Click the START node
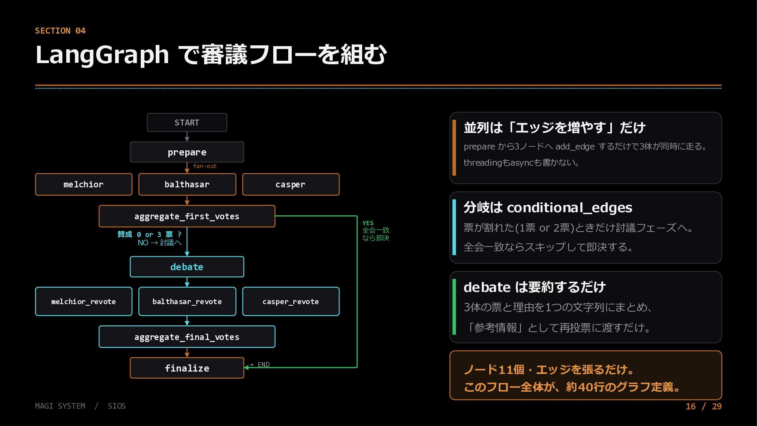point(187,122)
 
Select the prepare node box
point(187,152)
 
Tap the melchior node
point(84,184)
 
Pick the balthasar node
point(187,184)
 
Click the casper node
point(291,184)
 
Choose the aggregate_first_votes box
point(187,216)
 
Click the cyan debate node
point(187,267)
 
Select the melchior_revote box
point(84,301)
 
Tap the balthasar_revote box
point(187,301)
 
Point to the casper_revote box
point(291,301)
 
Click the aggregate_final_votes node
point(187,337)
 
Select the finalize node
point(187,368)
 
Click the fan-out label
point(205,166)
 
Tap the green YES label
point(368,223)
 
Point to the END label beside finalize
point(263,364)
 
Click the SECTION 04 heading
point(60,31)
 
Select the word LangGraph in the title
point(102,54)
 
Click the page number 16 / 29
point(703,406)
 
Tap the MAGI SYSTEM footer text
point(60,406)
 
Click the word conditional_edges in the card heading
point(569,207)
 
